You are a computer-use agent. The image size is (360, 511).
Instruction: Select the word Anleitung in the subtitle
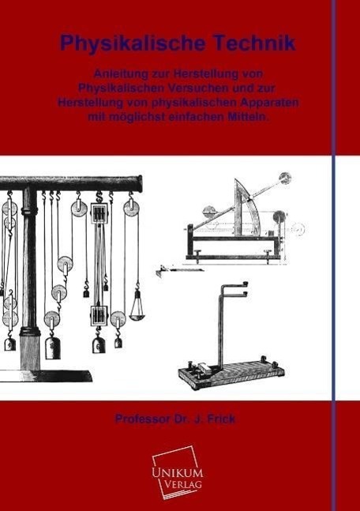[121, 74]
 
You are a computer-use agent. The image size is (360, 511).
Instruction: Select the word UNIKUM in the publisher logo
[178, 473]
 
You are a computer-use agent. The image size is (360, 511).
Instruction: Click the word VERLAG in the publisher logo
[183, 483]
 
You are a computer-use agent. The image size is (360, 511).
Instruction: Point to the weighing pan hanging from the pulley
[137, 313]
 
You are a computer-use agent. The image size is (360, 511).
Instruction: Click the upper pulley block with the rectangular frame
[99, 213]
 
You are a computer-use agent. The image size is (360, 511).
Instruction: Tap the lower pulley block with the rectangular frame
[99, 315]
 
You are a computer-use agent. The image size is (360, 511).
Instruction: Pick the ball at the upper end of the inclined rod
[285, 178]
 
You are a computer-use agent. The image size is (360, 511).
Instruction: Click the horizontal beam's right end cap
[140, 183]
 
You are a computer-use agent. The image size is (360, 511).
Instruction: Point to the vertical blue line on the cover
[333, 256]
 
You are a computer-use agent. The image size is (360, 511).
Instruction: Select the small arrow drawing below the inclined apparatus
[179, 269]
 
